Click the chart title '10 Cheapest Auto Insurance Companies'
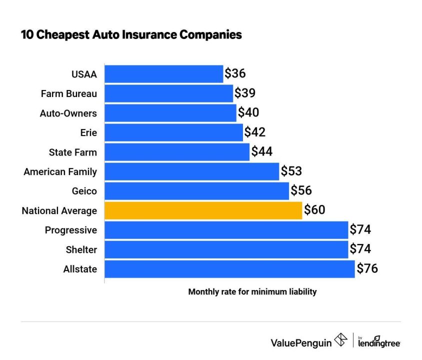click(x=131, y=34)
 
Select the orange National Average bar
click(x=203, y=210)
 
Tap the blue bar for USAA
click(x=163, y=74)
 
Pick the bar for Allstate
click(x=229, y=269)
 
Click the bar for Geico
click(x=196, y=191)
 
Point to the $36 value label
click(x=235, y=74)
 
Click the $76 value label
click(x=367, y=269)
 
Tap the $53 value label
click(x=291, y=171)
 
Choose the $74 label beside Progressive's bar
click(x=360, y=230)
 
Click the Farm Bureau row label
click(x=69, y=93)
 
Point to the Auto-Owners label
click(x=68, y=113)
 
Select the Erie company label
click(x=87, y=132)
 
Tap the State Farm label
click(x=73, y=152)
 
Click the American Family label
click(x=60, y=171)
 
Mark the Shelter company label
click(x=81, y=249)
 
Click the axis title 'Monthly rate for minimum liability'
click(x=252, y=291)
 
